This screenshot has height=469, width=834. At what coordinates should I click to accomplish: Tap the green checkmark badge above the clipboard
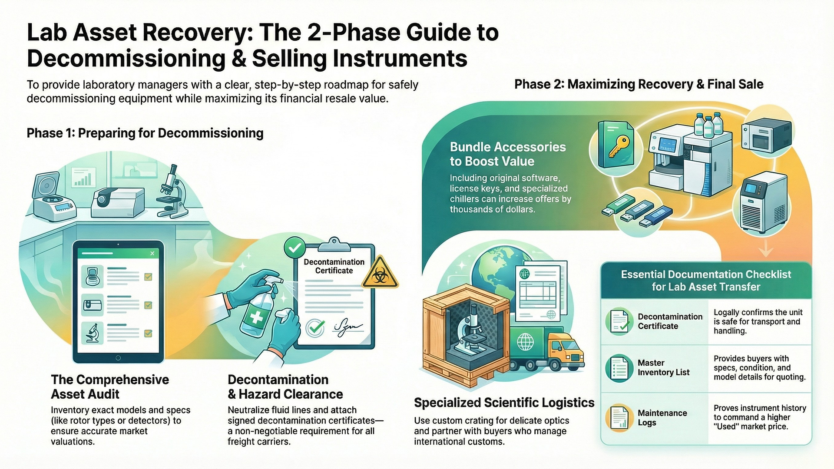pyautogui.click(x=295, y=248)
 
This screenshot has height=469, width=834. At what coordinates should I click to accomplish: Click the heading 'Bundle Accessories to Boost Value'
pyautogui.click(x=507, y=154)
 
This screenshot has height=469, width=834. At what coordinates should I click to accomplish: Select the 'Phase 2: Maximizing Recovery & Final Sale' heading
pyautogui.click(x=639, y=84)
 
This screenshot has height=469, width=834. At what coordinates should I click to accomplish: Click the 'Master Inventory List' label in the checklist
pyautogui.click(x=663, y=367)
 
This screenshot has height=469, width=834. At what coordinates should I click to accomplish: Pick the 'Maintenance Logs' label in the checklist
pyautogui.click(x=662, y=418)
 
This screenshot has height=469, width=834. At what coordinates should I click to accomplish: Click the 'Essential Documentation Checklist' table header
pyautogui.click(x=706, y=281)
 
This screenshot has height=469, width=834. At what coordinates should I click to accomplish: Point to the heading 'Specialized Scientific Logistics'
pyautogui.click(x=504, y=403)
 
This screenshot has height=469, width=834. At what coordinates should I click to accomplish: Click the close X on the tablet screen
pyautogui.click(x=152, y=253)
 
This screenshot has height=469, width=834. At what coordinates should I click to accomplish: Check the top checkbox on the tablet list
pyautogui.click(x=148, y=277)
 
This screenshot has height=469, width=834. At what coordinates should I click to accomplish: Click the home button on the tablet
pyautogui.click(x=118, y=358)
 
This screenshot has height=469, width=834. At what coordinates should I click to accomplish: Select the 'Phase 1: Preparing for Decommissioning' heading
pyautogui.click(x=145, y=133)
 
